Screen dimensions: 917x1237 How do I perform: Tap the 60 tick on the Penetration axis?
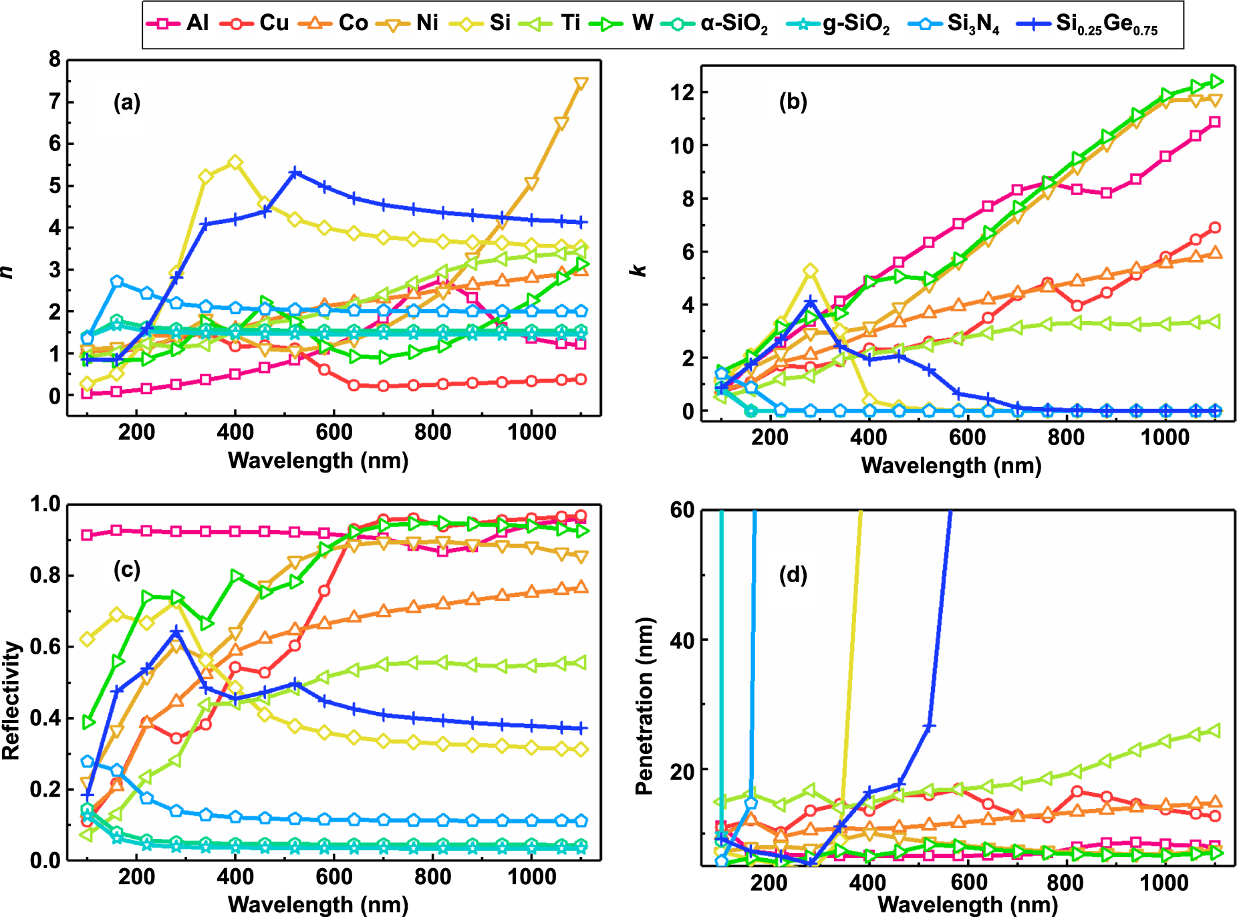point(682,511)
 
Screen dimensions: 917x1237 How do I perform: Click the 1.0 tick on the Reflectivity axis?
point(45,504)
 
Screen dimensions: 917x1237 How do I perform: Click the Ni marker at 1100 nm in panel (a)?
point(581,84)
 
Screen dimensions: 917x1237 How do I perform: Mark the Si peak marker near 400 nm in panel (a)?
point(235,162)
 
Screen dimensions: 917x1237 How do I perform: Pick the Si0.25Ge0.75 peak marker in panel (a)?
point(295,173)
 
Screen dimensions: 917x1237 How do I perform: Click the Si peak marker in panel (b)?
point(810,271)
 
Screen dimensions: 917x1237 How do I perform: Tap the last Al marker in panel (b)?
point(1215,122)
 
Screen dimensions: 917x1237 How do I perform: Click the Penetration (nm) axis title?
point(644,706)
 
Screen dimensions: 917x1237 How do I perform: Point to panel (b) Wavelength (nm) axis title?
point(951,465)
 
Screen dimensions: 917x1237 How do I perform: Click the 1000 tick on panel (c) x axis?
point(531,877)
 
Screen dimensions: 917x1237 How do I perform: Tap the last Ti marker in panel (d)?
point(1215,731)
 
